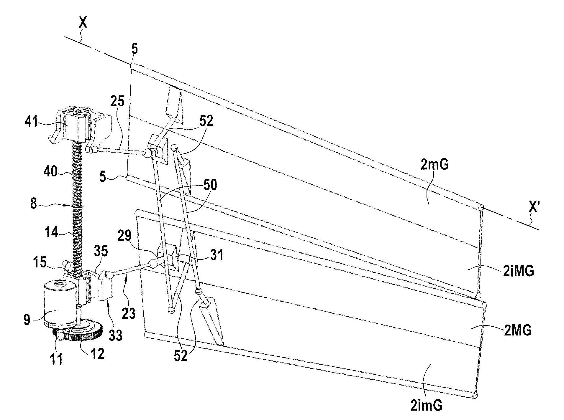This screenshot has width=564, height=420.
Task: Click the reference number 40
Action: (x=51, y=171)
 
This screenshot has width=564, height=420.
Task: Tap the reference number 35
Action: (x=101, y=251)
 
